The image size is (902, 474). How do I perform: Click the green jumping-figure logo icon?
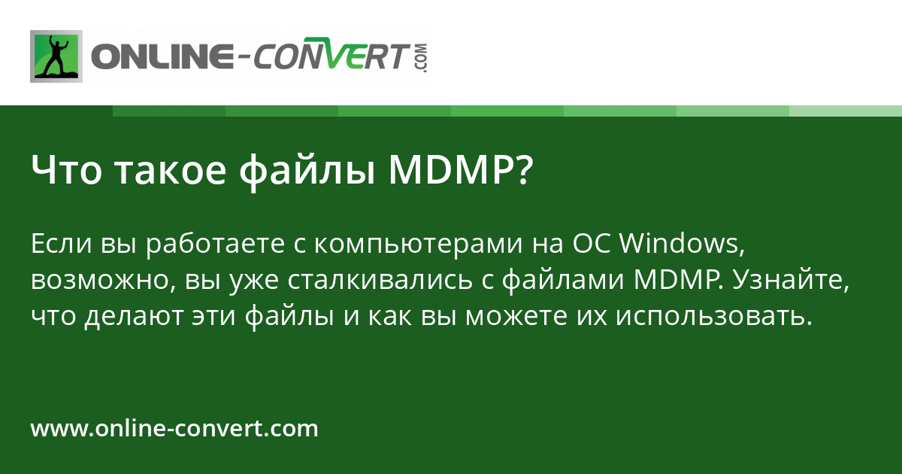coord(56,56)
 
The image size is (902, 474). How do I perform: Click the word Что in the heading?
coord(65,172)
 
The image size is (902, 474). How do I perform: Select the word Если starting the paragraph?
coord(64,245)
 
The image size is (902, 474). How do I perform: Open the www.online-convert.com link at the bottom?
coord(174,429)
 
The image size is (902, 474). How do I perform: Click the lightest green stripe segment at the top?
coord(846,111)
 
